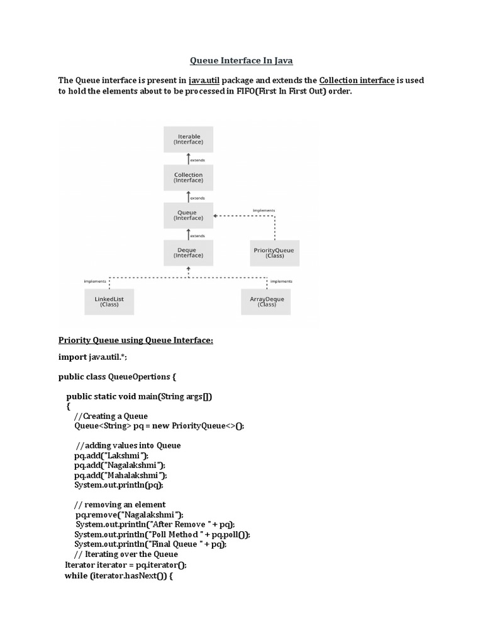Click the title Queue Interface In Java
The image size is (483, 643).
point(241,61)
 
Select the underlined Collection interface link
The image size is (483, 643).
point(357,80)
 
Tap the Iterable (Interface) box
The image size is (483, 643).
point(188,139)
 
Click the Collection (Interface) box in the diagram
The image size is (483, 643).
point(188,178)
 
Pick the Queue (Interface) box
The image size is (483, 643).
point(188,215)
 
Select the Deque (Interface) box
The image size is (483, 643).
point(188,252)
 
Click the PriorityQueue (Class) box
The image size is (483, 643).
point(275,253)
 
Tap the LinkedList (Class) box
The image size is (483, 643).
point(109,302)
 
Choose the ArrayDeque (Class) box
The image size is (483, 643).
point(267,302)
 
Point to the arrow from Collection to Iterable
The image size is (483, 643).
point(188,159)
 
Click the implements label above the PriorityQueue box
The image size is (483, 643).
point(263,210)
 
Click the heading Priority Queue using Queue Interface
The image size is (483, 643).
point(136,340)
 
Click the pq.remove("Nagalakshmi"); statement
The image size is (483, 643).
point(129,514)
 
